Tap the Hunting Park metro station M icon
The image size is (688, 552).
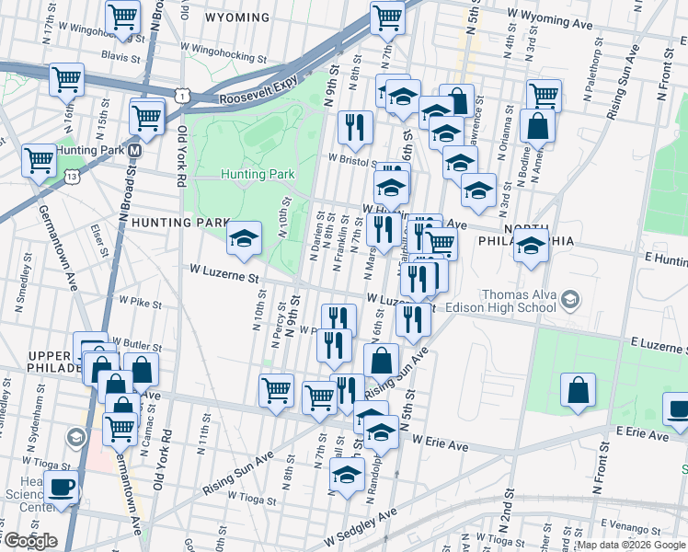click(x=134, y=150)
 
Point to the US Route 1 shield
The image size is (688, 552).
click(x=185, y=95)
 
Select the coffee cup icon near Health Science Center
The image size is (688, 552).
click(x=62, y=488)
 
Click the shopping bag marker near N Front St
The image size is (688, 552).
click(x=577, y=390)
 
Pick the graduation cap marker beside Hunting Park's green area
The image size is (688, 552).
click(x=245, y=239)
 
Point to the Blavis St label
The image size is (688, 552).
click(x=120, y=56)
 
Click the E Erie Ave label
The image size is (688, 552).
click(x=642, y=431)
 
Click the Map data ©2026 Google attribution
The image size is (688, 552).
click(x=629, y=545)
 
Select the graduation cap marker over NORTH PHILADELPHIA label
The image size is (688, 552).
click(x=530, y=247)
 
